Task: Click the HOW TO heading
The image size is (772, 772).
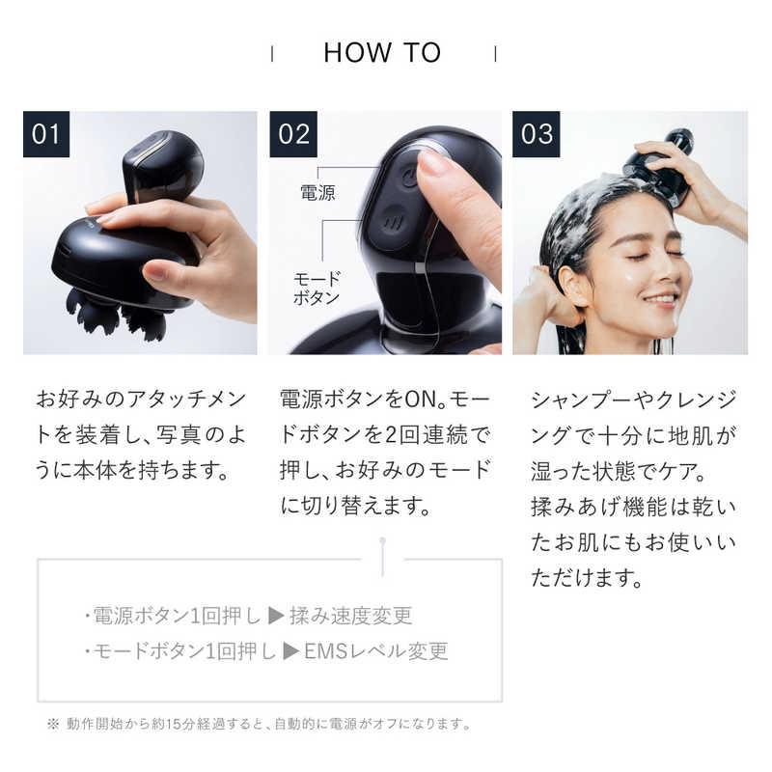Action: click(382, 52)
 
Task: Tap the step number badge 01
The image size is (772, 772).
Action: click(46, 134)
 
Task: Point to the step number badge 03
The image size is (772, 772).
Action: click(536, 134)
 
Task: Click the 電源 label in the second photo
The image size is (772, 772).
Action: click(317, 193)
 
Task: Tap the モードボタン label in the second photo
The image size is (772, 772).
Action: click(316, 287)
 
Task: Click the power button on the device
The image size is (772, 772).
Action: click(409, 178)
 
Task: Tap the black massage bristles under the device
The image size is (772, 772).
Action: click(105, 315)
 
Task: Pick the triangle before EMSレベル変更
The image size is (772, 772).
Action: click(290, 650)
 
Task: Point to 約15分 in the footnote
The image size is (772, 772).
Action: click(181, 723)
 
